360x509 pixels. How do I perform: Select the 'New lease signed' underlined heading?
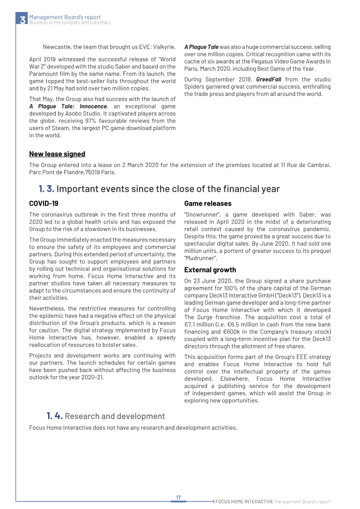57,154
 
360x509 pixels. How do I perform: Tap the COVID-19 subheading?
44,203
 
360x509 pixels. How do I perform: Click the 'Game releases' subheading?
207,203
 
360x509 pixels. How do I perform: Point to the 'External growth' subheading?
210,270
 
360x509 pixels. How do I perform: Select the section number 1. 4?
54,416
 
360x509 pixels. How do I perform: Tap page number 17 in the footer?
178,497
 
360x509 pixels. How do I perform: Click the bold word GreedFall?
269,80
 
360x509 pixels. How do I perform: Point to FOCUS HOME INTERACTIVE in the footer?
244,501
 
